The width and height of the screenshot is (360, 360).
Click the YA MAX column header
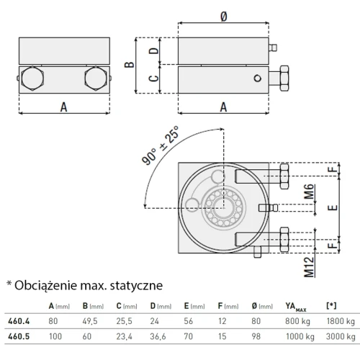294,307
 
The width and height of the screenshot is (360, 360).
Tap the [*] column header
330,307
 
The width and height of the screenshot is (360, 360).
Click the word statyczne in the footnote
130,286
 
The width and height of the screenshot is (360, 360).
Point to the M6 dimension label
309,192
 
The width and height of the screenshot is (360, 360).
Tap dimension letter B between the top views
128,64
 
